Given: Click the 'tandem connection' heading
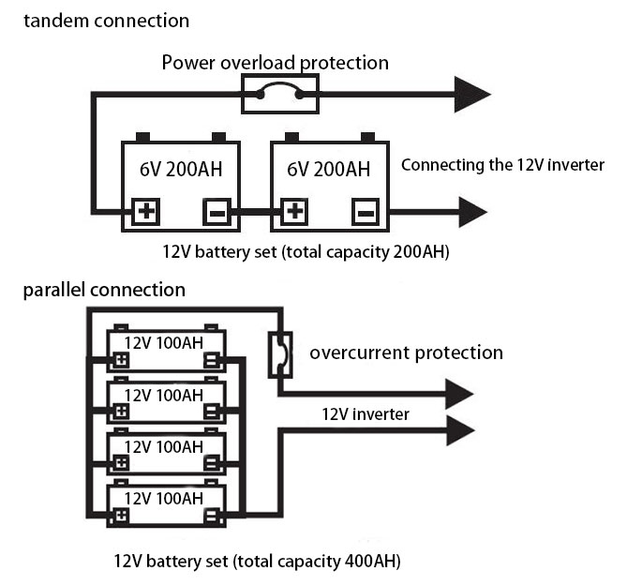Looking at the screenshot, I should tap(106, 20).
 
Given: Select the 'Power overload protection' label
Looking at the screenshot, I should tap(275, 63).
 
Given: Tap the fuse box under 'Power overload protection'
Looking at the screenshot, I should tap(279, 94).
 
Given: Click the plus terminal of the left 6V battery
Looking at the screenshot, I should tap(145, 212).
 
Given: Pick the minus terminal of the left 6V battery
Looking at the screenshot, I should tap(216, 212).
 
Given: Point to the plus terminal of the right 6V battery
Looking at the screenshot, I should tap(293, 212).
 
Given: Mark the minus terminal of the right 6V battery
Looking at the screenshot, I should tap(365, 212).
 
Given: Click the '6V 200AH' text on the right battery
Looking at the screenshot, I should tap(328, 169).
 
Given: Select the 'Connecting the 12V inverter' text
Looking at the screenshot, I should tap(502, 165).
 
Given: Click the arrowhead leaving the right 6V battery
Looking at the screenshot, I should tap(471, 212).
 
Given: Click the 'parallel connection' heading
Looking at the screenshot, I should tap(104, 290).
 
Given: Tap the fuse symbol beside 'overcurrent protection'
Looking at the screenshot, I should tap(278, 353).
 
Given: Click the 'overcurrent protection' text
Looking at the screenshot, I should tap(406, 353).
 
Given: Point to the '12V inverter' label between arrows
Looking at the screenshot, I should tap(366, 413).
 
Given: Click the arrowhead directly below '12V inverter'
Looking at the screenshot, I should tap(459, 432).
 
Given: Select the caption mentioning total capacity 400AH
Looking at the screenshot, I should tap(258, 562).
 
